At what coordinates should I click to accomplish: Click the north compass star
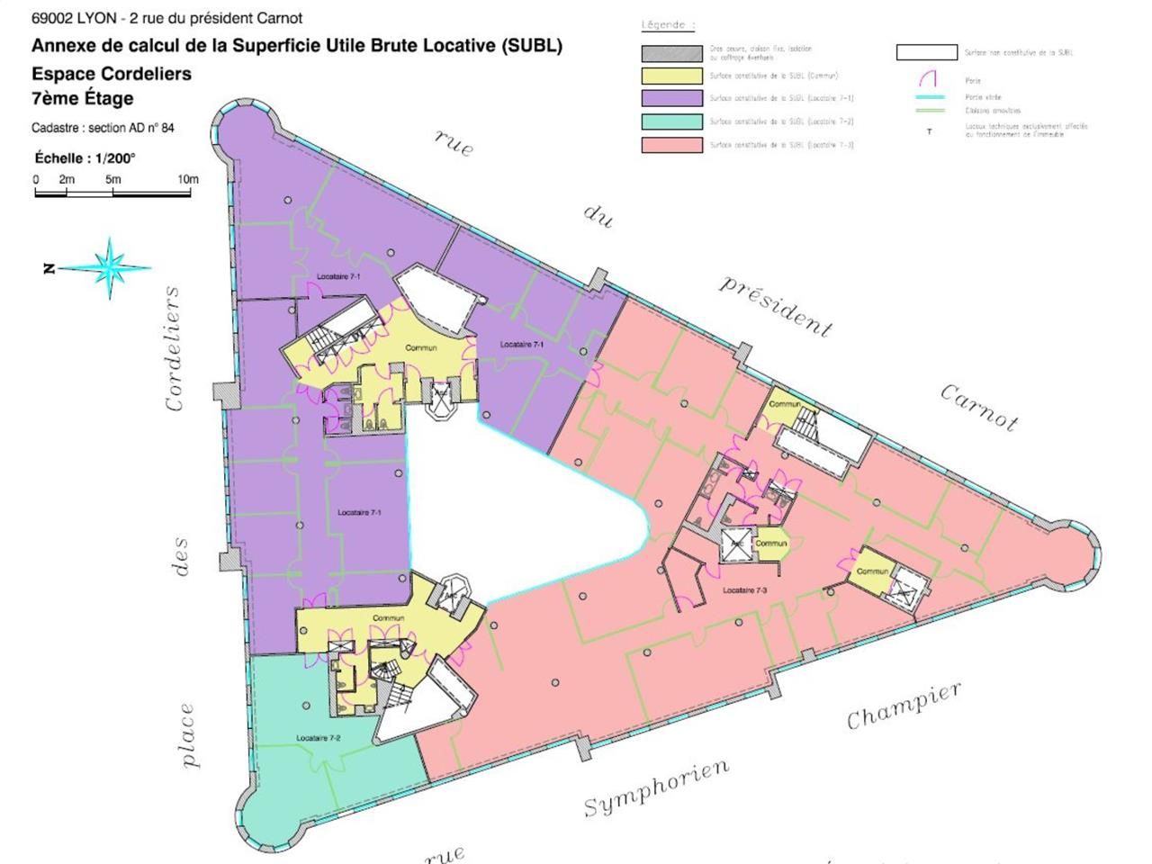pyautogui.click(x=110, y=267)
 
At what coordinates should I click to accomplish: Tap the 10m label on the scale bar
pyautogui.click(x=187, y=179)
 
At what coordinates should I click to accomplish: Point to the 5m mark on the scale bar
pyautogui.click(x=112, y=179)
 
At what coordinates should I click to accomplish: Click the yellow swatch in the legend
pyautogui.click(x=671, y=76)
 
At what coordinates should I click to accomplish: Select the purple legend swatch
pyautogui.click(x=671, y=98)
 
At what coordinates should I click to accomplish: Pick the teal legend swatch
pyautogui.click(x=671, y=121)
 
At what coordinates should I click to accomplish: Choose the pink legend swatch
pyautogui.click(x=671, y=145)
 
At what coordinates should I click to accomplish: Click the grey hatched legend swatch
pyautogui.click(x=671, y=53)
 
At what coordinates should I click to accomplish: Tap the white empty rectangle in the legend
pyautogui.click(x=926, y=53)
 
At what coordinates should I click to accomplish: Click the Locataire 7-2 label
pyautogui.click(x=318, y=738)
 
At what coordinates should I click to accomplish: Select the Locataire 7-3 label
pyautogui.click(x=744, y=590)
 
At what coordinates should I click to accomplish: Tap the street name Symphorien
pyautogui.click(x=656, y=787)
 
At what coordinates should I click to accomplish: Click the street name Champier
pyautogui.click(x=904, y=705)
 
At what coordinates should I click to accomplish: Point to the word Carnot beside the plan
pyautogui.click(x=980, y=408)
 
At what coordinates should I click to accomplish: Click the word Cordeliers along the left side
pyautogui.click(x=173, y=348)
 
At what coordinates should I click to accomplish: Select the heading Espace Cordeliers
pyautogui.click(x=112, y=74)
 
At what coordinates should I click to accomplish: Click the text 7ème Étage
pyautogui.click(x=83, y=98)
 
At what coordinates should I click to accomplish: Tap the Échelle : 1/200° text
pyautogui.click(x=85, y=157)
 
